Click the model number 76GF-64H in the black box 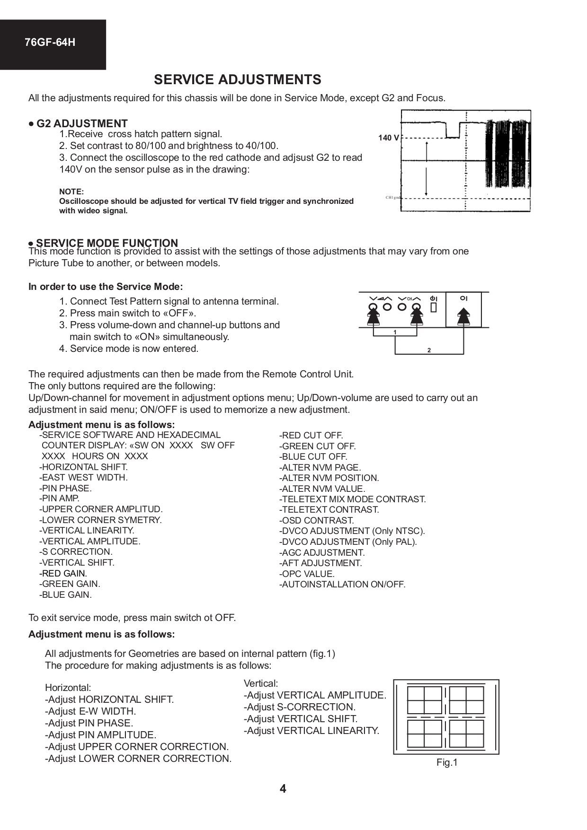[x=50, y=43]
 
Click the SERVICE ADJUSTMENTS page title [x=237, y=79]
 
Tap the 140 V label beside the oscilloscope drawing [x=388, y=138]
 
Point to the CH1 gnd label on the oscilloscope [x=393, y=197]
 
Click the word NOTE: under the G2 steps [x=71, y=192]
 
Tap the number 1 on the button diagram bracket [x=395, y=332]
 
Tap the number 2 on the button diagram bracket [x=429, y=350]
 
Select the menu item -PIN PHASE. [x=65, y=488]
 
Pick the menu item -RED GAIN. [x=63, y=573]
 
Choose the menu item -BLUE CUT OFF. [x=313, y=457]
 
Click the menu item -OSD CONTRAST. [x=316, y=520]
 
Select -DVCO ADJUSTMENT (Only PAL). [x=348, y=542]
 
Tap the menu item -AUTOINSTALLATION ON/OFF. [x=342, y=585]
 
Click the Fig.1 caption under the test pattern [x=447, y=762]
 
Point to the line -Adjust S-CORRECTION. [x=300, y=707]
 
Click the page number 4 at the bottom [x=283, y=788]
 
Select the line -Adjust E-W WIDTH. [x=90, y=711]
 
